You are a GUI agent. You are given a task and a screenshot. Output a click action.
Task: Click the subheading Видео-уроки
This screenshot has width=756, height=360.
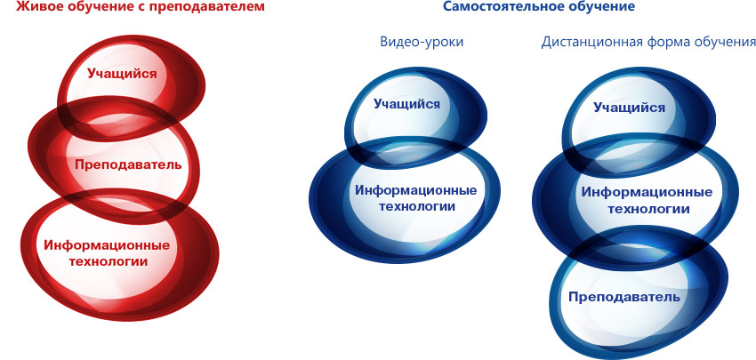[x=422, y=42]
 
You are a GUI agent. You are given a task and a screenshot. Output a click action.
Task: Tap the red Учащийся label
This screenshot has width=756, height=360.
[x=122, y=74]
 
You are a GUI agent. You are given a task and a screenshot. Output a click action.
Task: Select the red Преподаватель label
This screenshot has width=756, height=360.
[x=128, y=164]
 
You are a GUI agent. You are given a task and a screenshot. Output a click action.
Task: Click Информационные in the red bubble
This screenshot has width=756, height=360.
[x=107, y=244]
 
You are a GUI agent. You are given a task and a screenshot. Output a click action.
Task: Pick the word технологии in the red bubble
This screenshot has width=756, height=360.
[x=108, y=261]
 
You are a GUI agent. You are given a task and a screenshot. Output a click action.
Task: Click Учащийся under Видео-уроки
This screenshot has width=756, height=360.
[x=407, y=104]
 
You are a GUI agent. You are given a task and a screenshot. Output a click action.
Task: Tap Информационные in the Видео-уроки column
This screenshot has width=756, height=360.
[x=416, y=190]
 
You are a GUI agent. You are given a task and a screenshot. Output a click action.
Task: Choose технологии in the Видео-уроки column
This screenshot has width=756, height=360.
[x=416, y=207]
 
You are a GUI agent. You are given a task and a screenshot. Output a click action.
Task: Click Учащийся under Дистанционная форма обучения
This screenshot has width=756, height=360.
[x=629, y=107]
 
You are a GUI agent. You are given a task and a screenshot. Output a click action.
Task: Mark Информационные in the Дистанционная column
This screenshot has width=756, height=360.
[x=647, y=192]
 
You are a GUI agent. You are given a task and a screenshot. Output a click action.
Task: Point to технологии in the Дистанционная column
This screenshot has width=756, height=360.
[x=647, y=209]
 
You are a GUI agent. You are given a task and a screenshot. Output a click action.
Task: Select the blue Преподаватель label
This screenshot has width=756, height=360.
[x=623, y=296]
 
